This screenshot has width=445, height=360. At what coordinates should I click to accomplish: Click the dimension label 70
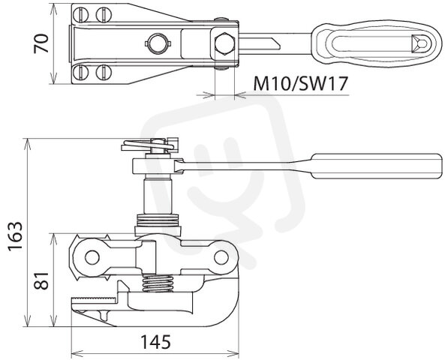41,43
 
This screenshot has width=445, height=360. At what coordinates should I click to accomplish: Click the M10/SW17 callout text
301,84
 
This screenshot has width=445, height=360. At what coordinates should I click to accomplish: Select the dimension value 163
15,236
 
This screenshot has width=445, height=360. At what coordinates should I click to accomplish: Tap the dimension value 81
41,280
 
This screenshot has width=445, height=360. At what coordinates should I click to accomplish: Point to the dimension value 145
156,342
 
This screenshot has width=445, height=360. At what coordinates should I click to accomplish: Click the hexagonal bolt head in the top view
225,43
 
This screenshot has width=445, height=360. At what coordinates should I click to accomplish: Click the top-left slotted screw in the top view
80,14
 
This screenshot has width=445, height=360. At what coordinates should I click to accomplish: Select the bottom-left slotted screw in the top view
80,73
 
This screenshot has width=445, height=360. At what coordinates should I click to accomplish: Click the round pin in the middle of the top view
158,43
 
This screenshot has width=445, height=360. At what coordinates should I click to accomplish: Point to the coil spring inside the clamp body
158,283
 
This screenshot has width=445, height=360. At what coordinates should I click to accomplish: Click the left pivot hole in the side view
92,257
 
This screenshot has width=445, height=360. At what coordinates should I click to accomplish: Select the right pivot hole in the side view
221,257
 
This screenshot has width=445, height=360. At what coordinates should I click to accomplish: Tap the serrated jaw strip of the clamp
95,300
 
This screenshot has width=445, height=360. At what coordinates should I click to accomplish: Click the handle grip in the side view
377,166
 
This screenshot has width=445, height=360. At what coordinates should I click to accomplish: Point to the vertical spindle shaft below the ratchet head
158,196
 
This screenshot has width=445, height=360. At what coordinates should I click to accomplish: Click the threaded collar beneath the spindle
158,220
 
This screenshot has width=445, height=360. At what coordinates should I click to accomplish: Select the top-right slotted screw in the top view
104,14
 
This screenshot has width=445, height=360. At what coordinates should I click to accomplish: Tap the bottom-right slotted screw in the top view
104,73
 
